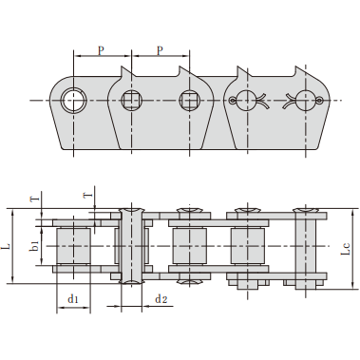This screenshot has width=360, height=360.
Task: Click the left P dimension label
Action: tap(101, 50)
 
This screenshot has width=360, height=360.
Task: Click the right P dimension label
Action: tap(161, 50)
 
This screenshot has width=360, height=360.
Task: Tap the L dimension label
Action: tap(7, 246)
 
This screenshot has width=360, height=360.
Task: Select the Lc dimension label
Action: tap(347, 249)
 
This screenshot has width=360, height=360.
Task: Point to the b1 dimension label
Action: tap(34, 246)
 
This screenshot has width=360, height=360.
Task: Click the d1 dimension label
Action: tap(72, 298)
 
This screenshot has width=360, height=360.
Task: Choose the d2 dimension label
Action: tap(161, 298)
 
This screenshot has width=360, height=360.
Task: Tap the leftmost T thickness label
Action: tap(36, 199)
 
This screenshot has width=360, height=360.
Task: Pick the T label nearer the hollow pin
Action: tap(88, 196)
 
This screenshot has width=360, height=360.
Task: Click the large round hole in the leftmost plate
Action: tap(73, 100)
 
